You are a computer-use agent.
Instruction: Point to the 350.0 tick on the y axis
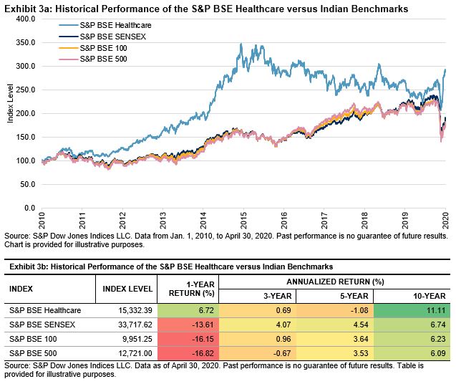point(25,42)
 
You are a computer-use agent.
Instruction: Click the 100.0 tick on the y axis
point(25,160)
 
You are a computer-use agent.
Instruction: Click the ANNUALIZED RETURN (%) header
point(334,282)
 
